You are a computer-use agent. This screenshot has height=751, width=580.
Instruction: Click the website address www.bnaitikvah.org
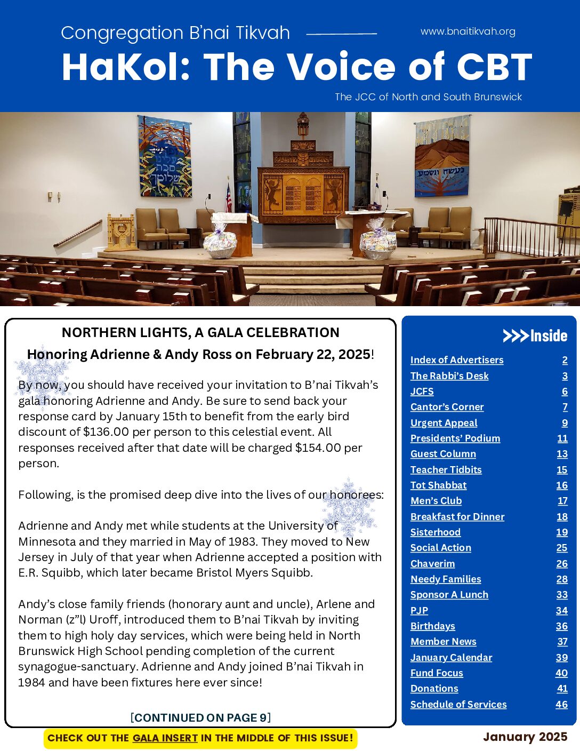(x=468, y=31)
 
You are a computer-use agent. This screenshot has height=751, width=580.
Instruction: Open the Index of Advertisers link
(x=457, y=360)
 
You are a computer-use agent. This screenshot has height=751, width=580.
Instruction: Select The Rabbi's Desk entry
(x=449, y=375)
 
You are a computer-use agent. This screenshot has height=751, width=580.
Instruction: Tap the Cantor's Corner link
(x=447, y=407)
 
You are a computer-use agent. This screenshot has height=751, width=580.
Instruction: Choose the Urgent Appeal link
(x=444, y=422)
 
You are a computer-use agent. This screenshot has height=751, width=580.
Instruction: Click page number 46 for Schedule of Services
(x=561, y=704)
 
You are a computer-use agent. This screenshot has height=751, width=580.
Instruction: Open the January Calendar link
(x=451, y=657)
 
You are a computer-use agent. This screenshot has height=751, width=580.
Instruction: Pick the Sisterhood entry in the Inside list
(x=435, y=532)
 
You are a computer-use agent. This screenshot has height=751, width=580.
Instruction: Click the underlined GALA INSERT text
(x=165, y=738)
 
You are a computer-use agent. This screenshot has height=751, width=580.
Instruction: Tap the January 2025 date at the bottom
(x=525, y=737)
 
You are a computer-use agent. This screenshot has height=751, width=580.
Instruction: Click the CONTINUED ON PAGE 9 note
(x=200, y=717)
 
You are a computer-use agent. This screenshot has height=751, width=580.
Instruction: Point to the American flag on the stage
(x=229, y=198)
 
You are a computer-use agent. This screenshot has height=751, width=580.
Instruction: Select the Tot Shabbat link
(x=438, y=485)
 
